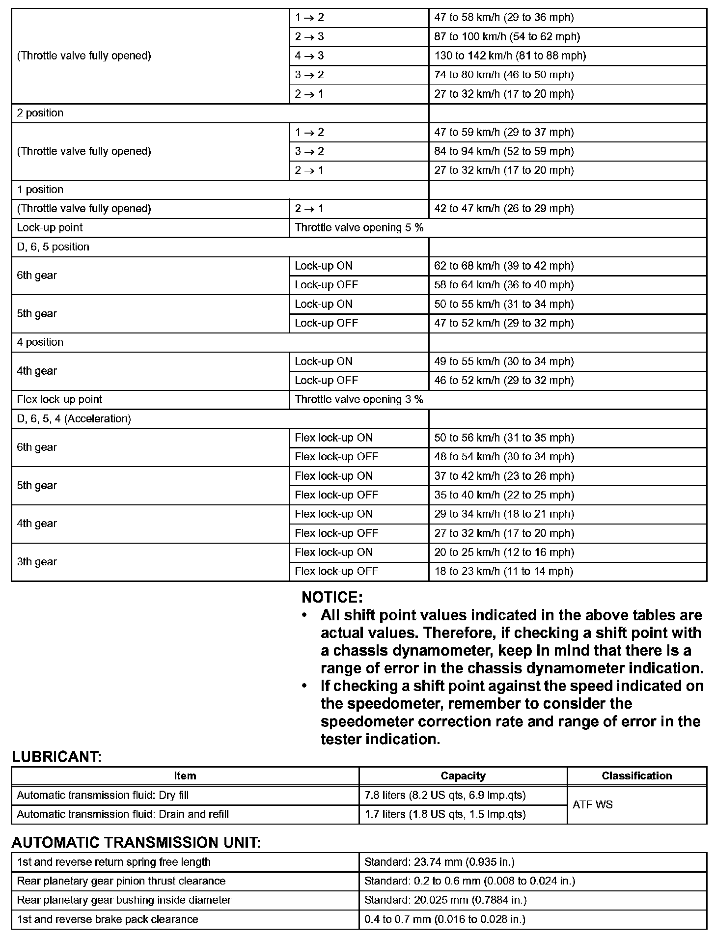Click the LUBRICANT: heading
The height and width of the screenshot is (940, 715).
(x=56, y=757)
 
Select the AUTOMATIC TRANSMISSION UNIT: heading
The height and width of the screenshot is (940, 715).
(x=136, y=843)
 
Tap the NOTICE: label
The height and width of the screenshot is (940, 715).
(x=332, y=598)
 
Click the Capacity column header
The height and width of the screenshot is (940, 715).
(x=463, y=776)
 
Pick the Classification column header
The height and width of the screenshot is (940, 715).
(x=636, y=776)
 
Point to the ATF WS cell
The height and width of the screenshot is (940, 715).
(x=593, y=804)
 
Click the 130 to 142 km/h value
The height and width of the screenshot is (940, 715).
(x=510, y=56)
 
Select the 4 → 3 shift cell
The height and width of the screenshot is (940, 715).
(x=309, y=56)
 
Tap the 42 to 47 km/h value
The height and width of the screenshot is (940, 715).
(x=504, y=209)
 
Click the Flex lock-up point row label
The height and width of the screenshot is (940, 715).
(x=59, y=399)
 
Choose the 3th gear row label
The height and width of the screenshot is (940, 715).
(x=37, y=562)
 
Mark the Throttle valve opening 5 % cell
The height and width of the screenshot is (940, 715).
(x=359, y=228)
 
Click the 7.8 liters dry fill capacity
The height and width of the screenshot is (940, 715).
(x=445, y=795)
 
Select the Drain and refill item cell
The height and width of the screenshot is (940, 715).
(x=123, y=814)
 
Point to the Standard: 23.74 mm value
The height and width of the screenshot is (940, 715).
(x=439, y=862)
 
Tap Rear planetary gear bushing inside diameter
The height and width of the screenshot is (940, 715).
(x=124, y=900)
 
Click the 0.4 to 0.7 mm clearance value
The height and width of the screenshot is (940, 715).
(x=444, y=919)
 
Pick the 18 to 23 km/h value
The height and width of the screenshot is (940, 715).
(x=503, y=571)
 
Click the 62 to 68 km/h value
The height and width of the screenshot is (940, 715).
(x=504, y=266)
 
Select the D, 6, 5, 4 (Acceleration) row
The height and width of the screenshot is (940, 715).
(x=74, y=419)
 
